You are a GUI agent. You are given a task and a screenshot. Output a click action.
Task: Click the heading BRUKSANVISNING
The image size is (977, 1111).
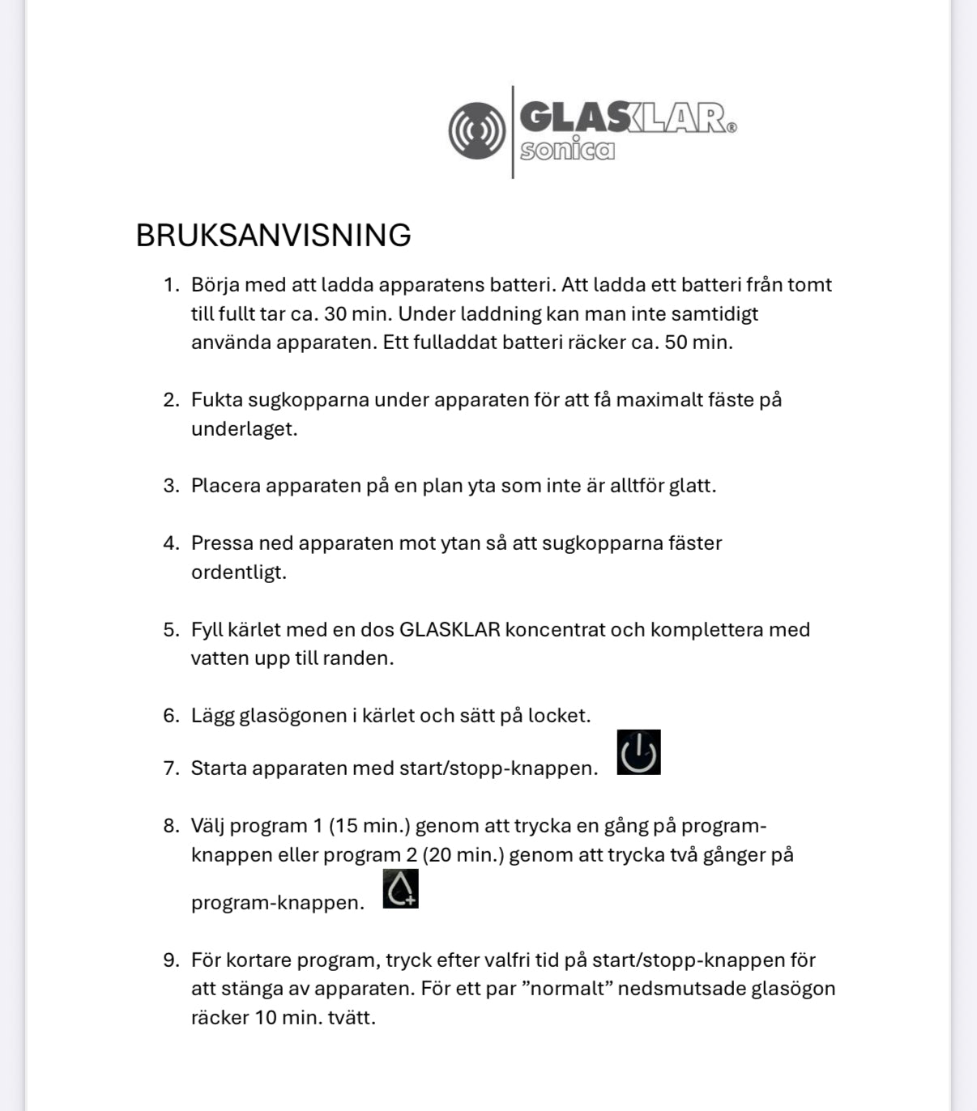pos(273,236)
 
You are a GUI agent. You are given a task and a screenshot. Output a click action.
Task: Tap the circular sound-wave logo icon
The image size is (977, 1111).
pos(476,130)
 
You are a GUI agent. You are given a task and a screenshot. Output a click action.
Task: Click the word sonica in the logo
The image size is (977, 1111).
pos(567,150)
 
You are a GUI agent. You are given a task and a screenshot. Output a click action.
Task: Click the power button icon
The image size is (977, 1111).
pos(638,752)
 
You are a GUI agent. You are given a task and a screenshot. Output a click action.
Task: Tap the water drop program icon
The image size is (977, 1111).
pos(400,888)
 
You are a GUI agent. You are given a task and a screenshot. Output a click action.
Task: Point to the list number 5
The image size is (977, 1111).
pos(170,630)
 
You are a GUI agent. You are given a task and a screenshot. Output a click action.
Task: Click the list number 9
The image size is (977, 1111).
pos(170,960)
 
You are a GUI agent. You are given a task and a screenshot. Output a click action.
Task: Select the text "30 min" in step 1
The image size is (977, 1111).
pos(355,313)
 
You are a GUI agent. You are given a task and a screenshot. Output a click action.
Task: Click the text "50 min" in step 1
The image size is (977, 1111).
pos(696,342)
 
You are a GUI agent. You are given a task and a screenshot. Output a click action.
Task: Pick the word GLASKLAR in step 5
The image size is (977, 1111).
pos(450,630)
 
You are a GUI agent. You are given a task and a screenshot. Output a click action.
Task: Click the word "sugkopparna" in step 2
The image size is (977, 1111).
pos(308,400)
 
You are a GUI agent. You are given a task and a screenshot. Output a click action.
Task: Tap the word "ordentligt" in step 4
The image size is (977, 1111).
pos(237,573)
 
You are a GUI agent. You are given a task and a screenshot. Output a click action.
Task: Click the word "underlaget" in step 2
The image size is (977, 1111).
pos(242,429)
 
